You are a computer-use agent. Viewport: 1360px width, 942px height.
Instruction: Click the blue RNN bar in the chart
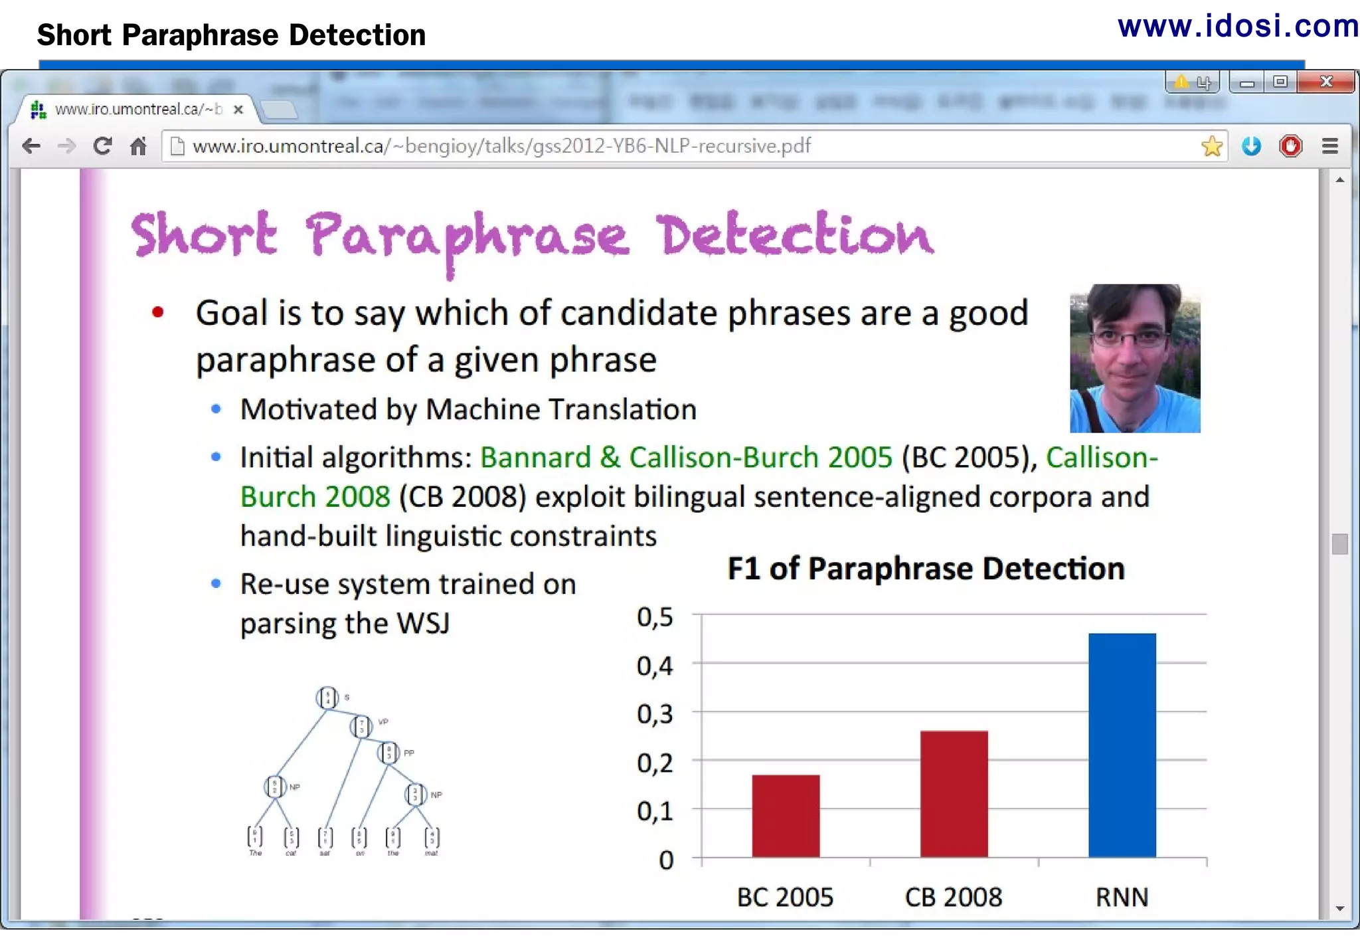click(x=1122, y=744)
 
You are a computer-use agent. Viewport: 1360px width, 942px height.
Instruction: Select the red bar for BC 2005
click(x=786, y=816)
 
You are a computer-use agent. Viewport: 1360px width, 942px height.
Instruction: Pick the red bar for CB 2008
click(x=954, y=793)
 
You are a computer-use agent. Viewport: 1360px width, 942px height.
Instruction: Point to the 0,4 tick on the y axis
click(x=655, y=666)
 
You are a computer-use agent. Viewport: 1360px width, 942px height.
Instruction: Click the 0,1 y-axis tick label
click(x=655, y=811)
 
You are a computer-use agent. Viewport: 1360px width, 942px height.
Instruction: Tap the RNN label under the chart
click(x=1122, y=897)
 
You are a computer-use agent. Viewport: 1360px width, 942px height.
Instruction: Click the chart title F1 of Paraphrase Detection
click(x=926, y=569)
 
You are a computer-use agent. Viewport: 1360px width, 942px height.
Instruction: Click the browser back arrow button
click(x=31, y=146)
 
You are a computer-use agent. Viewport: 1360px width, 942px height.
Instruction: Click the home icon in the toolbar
click(x=138, y=146)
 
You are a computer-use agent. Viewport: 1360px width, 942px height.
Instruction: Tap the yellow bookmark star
click(x=1212, y=146)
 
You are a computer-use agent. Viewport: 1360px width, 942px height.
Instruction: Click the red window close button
click(x=1325, y=82)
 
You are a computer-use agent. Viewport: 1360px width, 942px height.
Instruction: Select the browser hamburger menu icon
click(x=1329, y=146)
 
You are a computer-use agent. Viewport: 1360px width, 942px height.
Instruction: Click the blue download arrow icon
click(x=1251, y=146)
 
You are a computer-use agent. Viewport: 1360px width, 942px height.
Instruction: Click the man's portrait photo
click(x=1135, y=359)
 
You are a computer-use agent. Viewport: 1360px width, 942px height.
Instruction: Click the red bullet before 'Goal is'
click(x=157, y=312)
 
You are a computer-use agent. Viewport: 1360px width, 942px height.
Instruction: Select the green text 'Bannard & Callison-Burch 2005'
click(x=686, y=458)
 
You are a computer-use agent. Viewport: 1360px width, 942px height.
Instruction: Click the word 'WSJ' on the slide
click(x=422, y=624)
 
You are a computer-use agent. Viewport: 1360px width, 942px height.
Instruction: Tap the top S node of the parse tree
click(x=327, y=698)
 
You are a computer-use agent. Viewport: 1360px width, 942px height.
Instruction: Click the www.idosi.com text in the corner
click(x=1238, y=27)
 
